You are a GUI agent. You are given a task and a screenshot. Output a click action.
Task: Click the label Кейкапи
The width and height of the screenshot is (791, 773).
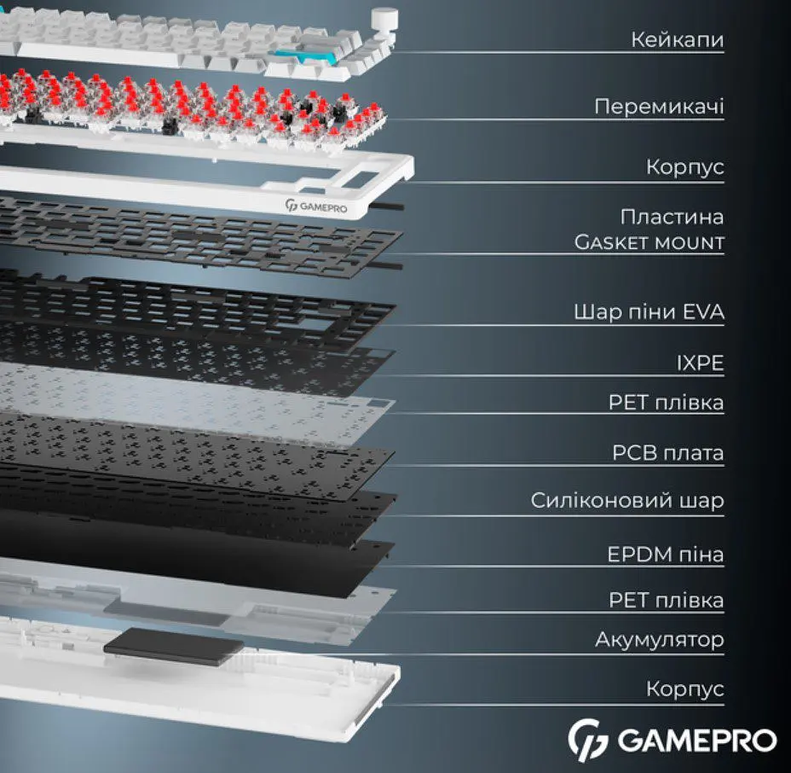tap(677, 39)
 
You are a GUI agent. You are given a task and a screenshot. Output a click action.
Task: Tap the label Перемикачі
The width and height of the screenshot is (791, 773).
tap(659, 107)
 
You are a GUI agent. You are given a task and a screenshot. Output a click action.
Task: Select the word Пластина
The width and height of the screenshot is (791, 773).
tap(672, 217)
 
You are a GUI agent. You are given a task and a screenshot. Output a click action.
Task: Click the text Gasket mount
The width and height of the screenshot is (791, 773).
tap(650, 242)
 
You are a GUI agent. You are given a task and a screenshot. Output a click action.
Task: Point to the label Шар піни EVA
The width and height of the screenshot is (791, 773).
tap(649, 311)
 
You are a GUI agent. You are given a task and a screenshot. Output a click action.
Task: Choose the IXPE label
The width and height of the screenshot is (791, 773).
tap(700, 363)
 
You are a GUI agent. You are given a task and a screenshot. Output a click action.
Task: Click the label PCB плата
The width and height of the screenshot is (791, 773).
tap(668, 453)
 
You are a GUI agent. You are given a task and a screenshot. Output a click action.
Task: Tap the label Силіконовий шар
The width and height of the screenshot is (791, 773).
tap(627, 500)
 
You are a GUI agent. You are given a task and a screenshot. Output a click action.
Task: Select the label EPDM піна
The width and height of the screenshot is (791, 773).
tap(666, 554)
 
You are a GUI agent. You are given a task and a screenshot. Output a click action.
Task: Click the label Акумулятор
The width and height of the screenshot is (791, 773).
tap(660, 639)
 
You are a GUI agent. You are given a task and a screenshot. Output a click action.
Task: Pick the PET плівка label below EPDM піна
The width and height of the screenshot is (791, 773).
tap(666, 600)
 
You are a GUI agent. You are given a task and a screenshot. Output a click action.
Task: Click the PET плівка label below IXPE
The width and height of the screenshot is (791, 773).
tap(666, 403)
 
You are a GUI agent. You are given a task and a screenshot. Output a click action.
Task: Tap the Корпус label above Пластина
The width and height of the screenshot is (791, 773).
tap(685, 166)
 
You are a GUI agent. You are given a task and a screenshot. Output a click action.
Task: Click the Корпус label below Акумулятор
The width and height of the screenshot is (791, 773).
tap(685, 689)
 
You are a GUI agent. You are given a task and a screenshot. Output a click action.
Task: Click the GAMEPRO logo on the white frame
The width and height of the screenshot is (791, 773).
tap(316, 206)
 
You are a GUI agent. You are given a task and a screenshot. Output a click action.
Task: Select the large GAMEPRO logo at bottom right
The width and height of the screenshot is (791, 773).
tap(672, 741)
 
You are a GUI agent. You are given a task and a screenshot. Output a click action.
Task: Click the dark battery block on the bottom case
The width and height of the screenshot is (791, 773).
tap(173, 646)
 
